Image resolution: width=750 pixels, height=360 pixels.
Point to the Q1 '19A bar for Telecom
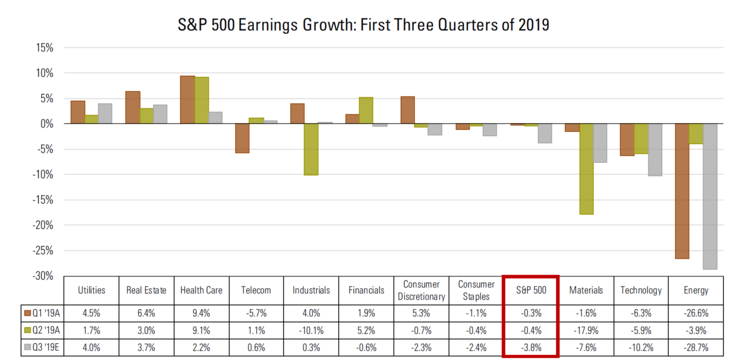242,138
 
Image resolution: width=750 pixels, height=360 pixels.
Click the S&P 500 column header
530,290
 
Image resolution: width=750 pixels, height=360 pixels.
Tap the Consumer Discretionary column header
420,290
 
